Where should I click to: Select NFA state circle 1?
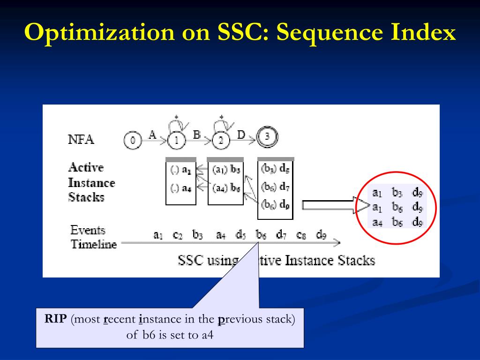pyautogui.click(x=176, y=140)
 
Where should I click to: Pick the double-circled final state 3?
pyautogui.click(x=267, y=137)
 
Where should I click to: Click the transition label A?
pyautogui.click(x=152, y=135)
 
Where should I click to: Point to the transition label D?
pyautogui.click(x=241, y=135)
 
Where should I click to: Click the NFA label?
pyautogui.click(x=81, y=140)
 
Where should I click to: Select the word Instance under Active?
pyautogui.click(x=91, y=182)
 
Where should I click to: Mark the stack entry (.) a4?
pyautogui.click(x=180, y=188)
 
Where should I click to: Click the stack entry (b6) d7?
pyautogui.click(x=275, y=187)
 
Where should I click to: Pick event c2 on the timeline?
pyautogui.click(x=177, y=235)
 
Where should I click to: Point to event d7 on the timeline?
pyautogui.click(x=281, y=235)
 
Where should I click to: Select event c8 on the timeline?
pyautogui.click(x=301, y=235)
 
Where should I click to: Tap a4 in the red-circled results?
pyautogui.click(x=377, y=222)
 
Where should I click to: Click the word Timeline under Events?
pyautogui.click(x=93, y=244)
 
